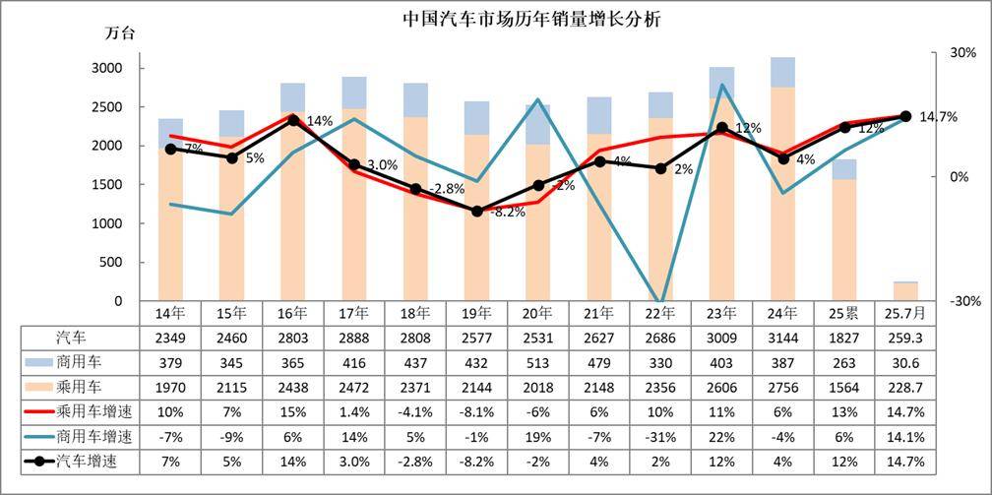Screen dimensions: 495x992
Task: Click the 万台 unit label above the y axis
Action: coord(120,32)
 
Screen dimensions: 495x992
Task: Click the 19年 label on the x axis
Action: coord(477,314)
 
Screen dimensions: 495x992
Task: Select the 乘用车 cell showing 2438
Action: coord(293,387)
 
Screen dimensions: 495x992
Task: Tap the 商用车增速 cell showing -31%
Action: coord(661,436)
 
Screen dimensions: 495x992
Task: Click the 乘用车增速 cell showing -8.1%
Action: coord(477,411)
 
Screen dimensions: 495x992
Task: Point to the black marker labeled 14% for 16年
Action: coord(293,121)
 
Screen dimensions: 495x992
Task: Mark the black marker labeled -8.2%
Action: coord(477,211)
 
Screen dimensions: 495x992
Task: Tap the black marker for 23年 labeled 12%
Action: coord(722,128)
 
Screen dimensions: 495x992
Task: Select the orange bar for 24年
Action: coord(783,197)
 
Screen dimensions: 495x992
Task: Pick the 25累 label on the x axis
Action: coord(844,314)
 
